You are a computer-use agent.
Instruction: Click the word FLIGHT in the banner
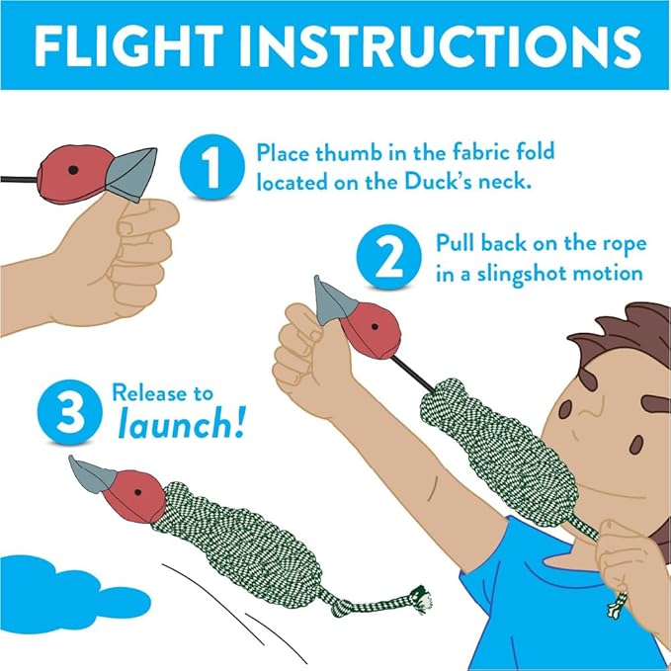click(x=128, y=45)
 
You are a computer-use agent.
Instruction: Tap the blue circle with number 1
click(x=211, y=166)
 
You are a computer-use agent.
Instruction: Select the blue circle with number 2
click(x=388, y=256)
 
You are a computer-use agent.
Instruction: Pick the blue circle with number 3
click(x=70, y=412)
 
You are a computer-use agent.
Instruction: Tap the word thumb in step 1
click(x=348, y=153)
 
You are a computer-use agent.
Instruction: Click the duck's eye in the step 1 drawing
click(x=73, y=170)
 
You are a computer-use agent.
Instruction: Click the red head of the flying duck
click(x=134, y=496)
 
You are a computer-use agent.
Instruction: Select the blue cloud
click(x=64, y=594)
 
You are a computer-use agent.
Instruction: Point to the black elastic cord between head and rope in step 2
click(x=412, y=374)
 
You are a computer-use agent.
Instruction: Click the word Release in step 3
click(x=144, y=392)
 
